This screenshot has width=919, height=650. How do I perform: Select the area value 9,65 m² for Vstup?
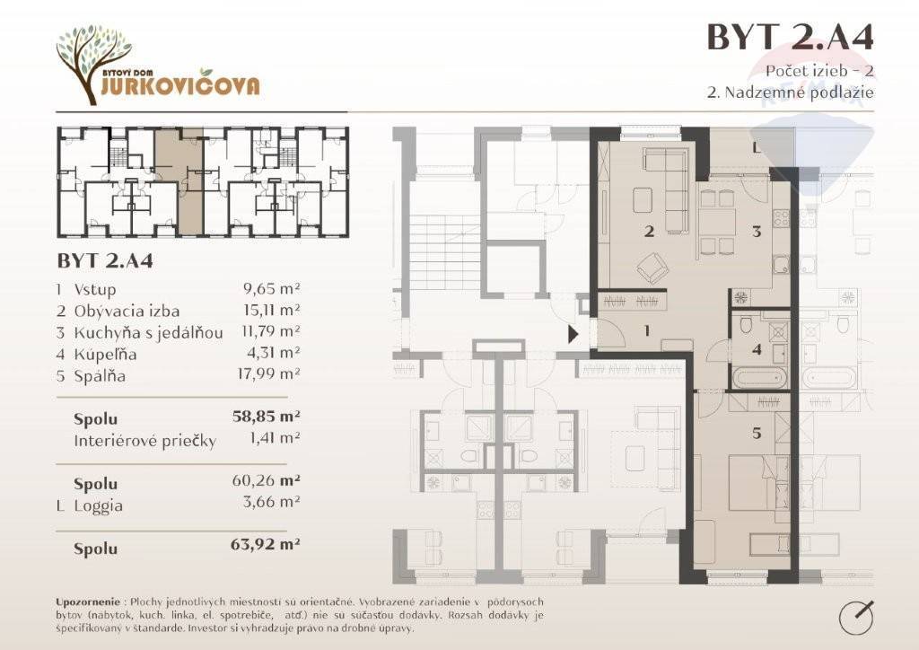coord(271,288)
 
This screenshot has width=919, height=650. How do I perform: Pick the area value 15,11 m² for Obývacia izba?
coord(271,310)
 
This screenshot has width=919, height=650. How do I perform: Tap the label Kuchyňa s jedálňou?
coord(148,332)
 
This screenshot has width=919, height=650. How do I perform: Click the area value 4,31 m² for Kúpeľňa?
coord(273,353)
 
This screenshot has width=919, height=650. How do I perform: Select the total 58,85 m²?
coord(266,417)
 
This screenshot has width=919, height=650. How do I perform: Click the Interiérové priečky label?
coord(144,441)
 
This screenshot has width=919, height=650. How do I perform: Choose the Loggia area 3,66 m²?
coord(271,502)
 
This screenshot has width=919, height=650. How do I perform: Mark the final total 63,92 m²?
coord(266,544)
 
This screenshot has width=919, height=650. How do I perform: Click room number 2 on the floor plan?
coord(649,231)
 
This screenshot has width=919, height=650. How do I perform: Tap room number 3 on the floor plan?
coord(757,231)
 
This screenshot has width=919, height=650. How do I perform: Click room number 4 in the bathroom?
coord(757,349)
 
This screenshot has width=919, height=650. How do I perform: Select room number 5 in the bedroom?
coord(757,433)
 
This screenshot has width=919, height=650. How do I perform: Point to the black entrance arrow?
coord(573,334)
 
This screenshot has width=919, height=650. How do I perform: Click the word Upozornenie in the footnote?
coord(88,602)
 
